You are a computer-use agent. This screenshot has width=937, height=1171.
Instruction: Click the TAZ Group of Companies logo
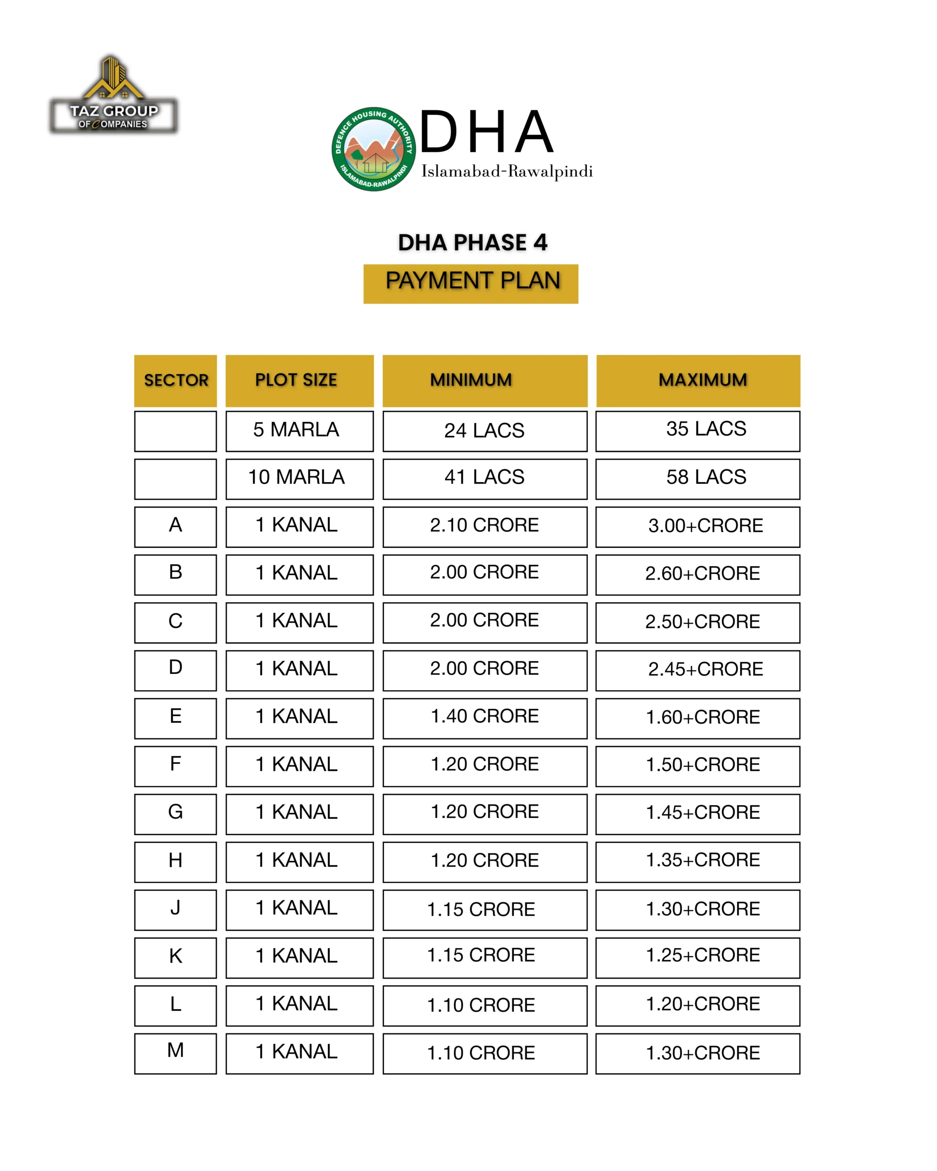(x=113, y=96)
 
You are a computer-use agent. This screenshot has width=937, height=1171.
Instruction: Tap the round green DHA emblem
(x=374, y=149)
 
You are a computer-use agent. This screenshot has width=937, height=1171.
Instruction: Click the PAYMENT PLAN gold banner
(x=470, y=284)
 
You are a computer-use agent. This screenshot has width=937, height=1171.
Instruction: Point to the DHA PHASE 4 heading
(x=472, y=242)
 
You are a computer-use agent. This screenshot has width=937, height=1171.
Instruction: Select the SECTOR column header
(x=175, y=380)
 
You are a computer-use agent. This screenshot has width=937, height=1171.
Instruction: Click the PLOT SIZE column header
(x=299, y=380)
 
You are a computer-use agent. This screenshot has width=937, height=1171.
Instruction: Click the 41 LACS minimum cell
(x=485, y=478)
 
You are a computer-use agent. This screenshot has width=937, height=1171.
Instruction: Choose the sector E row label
(x=175, y=718)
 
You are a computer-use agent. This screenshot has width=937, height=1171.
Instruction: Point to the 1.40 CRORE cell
(x=485, y=718)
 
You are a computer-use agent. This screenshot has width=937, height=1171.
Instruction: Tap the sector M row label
(x=175, y=1053)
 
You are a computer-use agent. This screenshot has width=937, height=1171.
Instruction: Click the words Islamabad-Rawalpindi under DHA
(x=506, y=172)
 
